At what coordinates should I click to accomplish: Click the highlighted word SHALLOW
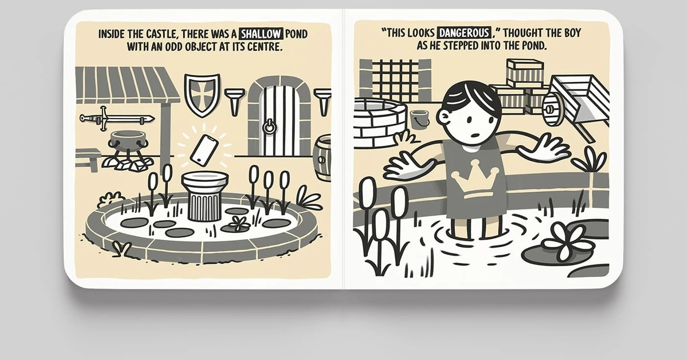[261, 33]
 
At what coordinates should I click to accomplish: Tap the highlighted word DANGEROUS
[464, 32]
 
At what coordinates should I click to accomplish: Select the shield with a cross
[202, 95]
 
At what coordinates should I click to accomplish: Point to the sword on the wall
[117, 118]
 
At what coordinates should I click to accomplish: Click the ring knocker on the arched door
[269, 127]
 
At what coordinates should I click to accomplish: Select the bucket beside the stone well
[420, 120]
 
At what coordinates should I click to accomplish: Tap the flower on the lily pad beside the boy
[565, 242]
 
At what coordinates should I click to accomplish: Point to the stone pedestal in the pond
[205, 196]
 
